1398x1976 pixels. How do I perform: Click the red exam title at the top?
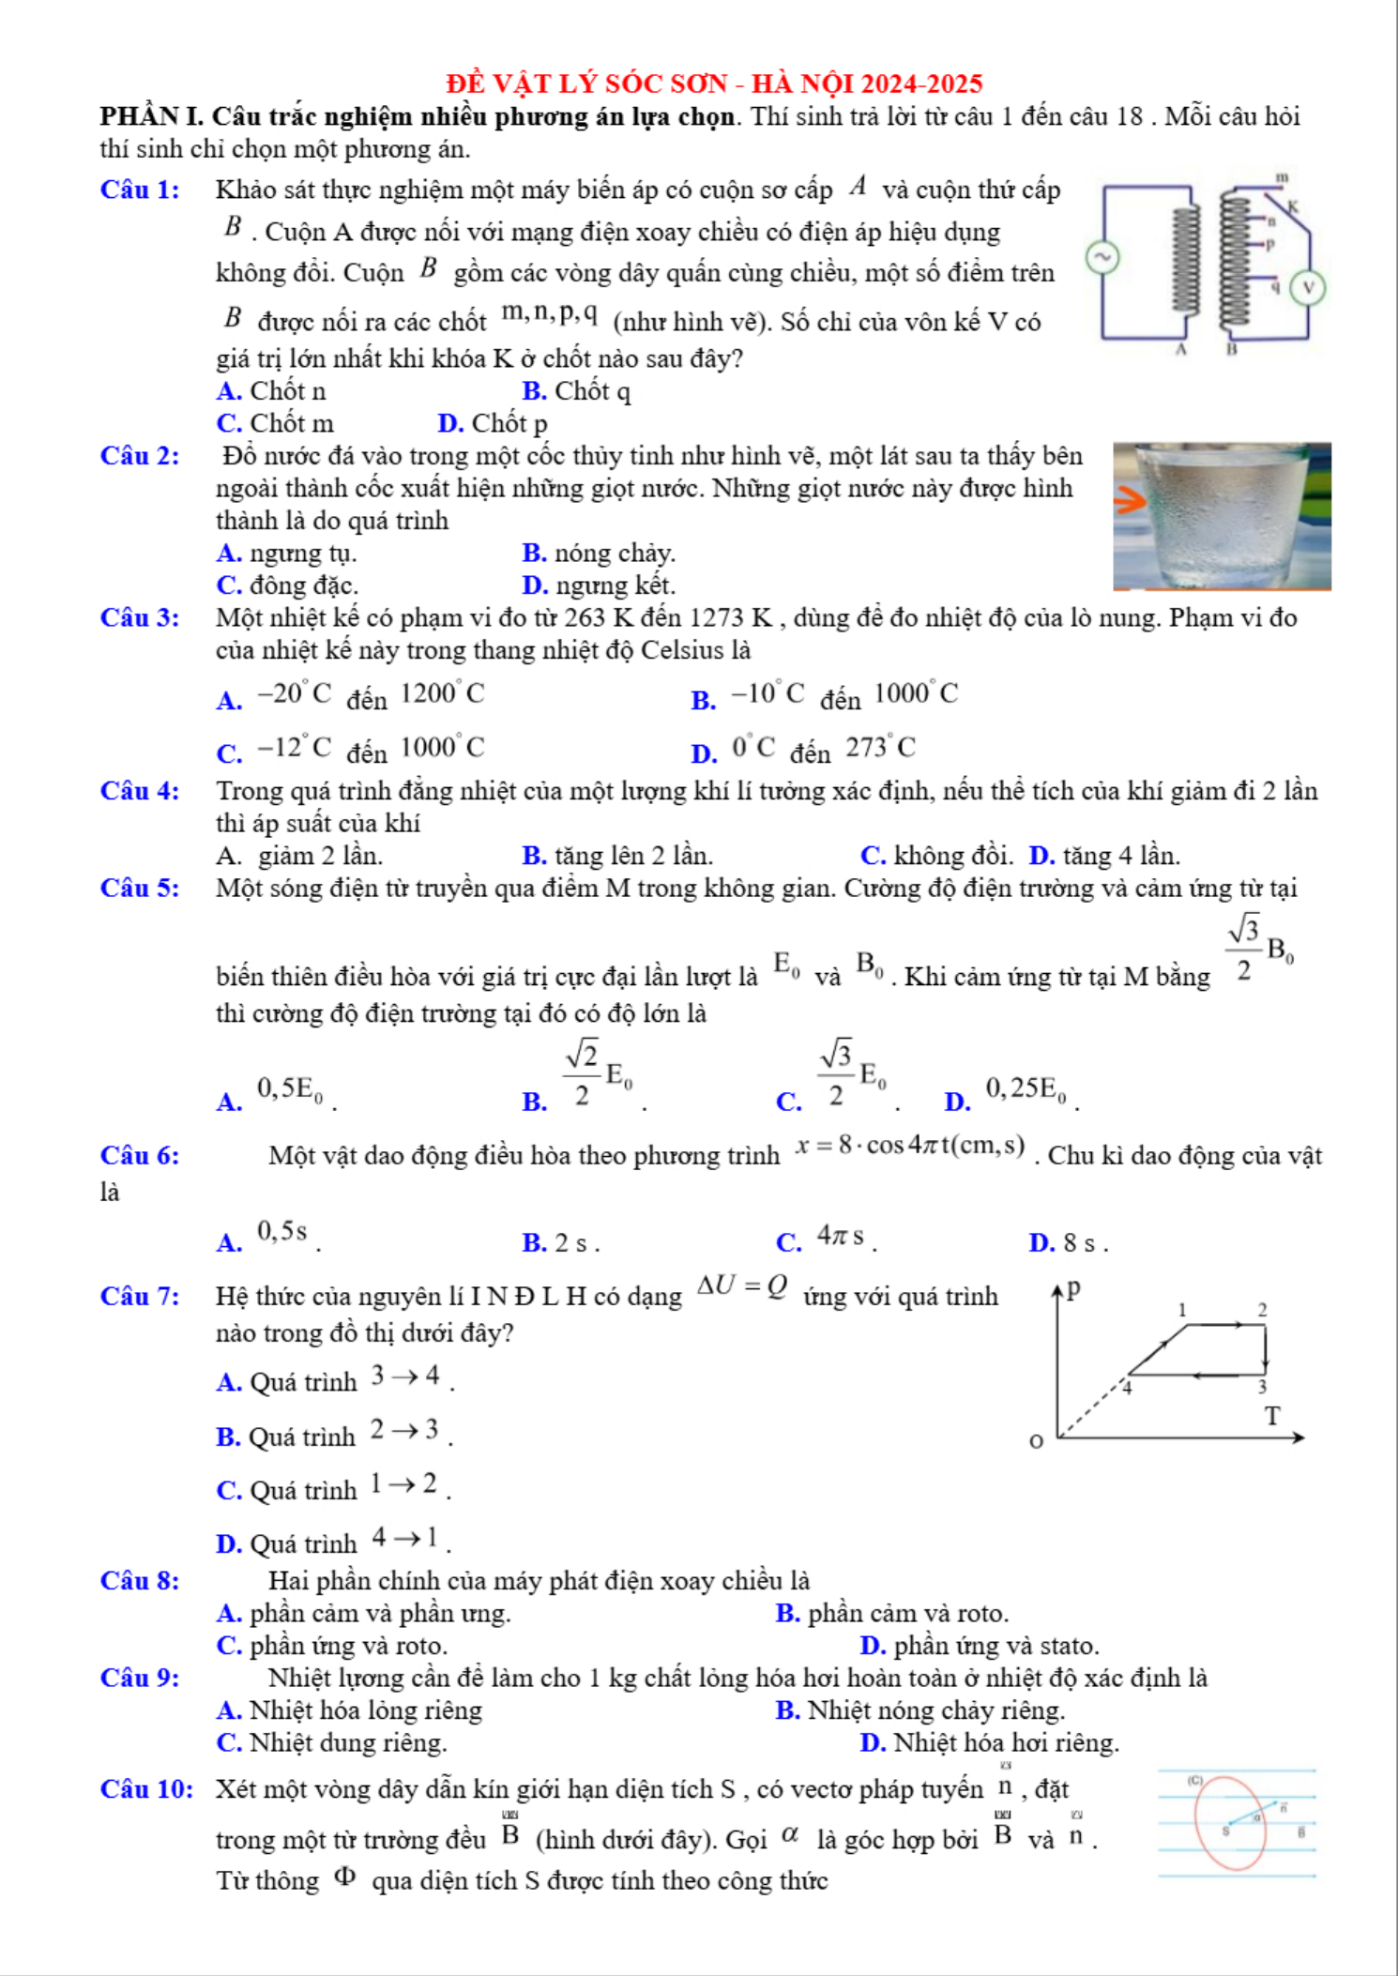[x=714, y=84]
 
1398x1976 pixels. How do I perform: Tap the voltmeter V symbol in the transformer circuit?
[x=1308, y=287]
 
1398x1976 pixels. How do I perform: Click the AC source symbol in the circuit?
[x=1102, y=256]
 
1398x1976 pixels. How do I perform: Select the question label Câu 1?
[x=140, y=190]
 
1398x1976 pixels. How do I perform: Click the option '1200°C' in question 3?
[x=443, y=694]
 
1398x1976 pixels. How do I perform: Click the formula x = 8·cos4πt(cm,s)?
[x=910, y=1147]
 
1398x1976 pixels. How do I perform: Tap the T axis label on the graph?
[x=1271, y=1416]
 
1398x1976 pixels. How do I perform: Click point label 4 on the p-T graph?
[x=1128, y=1387]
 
